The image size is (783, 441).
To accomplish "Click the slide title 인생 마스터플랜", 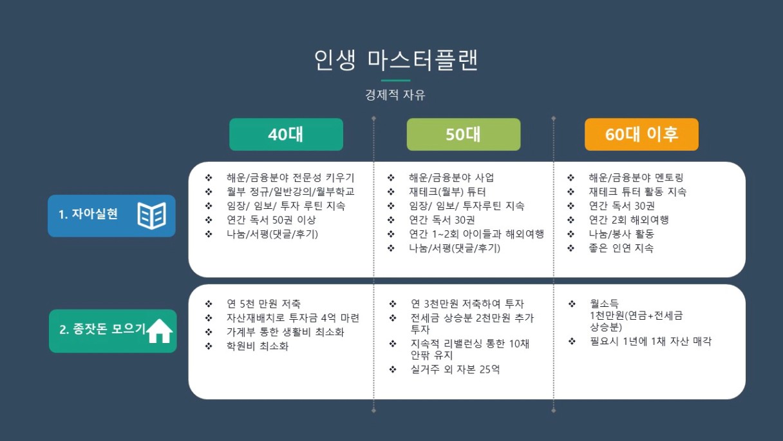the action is [395, 60].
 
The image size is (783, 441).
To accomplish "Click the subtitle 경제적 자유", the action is [395, 95].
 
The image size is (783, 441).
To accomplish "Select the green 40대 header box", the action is [286, 134].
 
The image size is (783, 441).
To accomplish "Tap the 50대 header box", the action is [464, 134].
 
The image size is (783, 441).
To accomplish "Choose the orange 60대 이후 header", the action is [641, 134].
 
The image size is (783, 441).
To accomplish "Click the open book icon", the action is [152, 215].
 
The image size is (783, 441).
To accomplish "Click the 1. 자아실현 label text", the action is [88, 214].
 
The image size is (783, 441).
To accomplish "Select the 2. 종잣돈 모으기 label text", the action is [102, 329].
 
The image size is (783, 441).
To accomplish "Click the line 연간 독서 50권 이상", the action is [271, 220].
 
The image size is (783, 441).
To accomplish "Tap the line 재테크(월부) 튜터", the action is [448, 191].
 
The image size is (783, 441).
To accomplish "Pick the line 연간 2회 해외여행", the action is [629, 220].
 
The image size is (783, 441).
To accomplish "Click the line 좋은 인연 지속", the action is [621, 248].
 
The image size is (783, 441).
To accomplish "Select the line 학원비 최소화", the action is [258, 346].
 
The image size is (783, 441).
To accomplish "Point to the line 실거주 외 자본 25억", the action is [455, 369].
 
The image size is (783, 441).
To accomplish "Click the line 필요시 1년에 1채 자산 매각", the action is [650, 341].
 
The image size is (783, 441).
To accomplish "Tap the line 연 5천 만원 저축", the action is [263, 304].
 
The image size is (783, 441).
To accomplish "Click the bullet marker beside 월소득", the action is [572, 304].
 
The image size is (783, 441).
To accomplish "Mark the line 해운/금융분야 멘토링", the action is [636, 177].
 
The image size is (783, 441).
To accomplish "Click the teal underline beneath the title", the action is [395, 81].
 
